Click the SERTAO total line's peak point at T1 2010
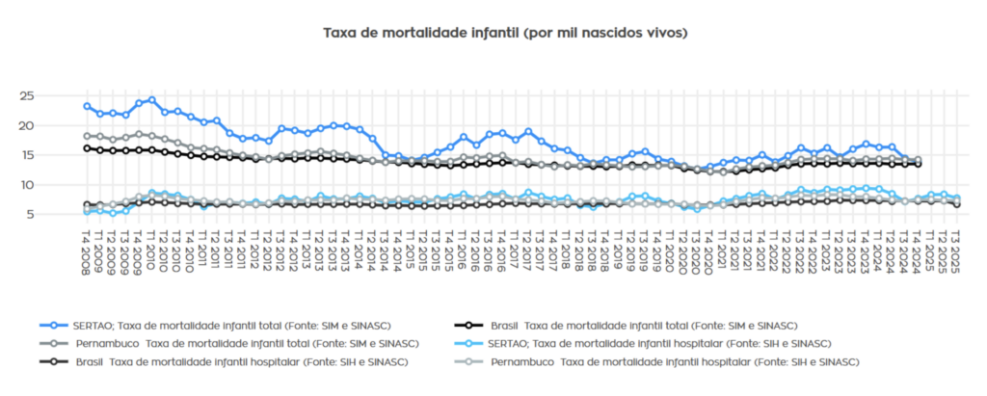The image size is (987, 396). pos(151,100)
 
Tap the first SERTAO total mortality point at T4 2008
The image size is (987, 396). pos(87,106)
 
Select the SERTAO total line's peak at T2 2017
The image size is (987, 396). pos(528,131)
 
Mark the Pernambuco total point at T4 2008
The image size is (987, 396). pos(87,136)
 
